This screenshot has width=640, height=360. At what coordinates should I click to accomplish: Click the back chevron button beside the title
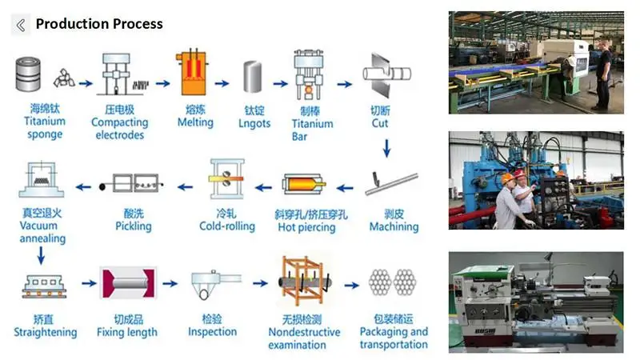(x=20, y=24)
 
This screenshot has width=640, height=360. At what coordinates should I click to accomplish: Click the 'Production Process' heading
(x=99, y=24)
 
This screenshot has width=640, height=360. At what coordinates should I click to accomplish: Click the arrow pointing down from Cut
(x=388, y=148)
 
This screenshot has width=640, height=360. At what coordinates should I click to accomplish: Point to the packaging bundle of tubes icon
(x=393, y=283)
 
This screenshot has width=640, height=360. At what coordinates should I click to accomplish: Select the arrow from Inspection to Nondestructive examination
(x=258, y=283)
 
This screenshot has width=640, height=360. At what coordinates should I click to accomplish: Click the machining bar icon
(x=391, y=183)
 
